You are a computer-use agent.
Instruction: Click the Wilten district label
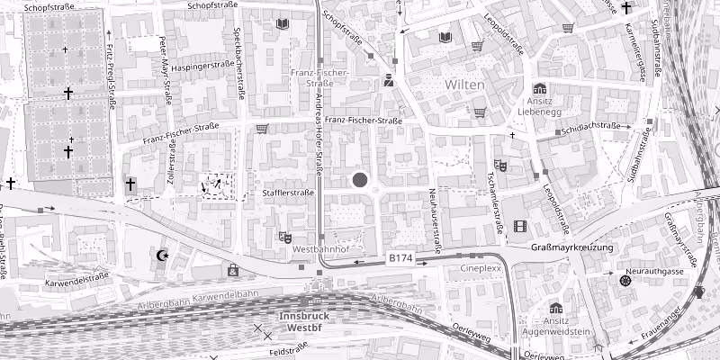464,84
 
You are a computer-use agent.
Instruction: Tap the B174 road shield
400,258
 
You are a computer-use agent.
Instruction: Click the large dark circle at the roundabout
361,180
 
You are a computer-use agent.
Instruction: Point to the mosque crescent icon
162,256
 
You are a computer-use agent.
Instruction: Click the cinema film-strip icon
519,226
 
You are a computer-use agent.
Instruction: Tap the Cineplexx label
480,268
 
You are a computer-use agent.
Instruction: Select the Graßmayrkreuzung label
571,247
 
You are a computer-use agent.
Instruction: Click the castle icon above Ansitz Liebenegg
539,89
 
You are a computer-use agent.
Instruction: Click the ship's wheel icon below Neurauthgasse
625,281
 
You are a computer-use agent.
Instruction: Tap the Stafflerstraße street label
288,193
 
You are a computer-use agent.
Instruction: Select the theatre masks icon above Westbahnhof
285,238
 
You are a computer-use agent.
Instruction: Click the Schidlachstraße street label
595,129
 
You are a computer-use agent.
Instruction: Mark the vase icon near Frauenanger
700,292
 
